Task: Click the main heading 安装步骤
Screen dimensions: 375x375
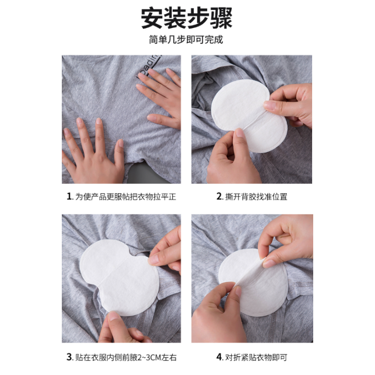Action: [x=186, y=18]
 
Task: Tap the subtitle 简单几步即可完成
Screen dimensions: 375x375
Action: [x=186, y=40]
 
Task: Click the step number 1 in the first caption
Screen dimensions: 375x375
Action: [x=69, y=196]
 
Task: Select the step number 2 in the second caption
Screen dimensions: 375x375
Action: [x=219, y=196]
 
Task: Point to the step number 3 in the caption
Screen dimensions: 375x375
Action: [x=69, y=357]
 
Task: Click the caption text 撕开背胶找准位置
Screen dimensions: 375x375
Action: [x=256, y=196]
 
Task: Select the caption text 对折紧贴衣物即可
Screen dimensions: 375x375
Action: [x=256, y=357]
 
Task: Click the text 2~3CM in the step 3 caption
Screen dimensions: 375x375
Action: [x=149, y=358]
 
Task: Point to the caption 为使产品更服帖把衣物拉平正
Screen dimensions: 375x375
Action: [x=126, y=196]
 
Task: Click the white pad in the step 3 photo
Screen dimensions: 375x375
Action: [x=119, y=277]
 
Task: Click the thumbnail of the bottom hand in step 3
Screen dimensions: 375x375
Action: [x=114, y=316]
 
